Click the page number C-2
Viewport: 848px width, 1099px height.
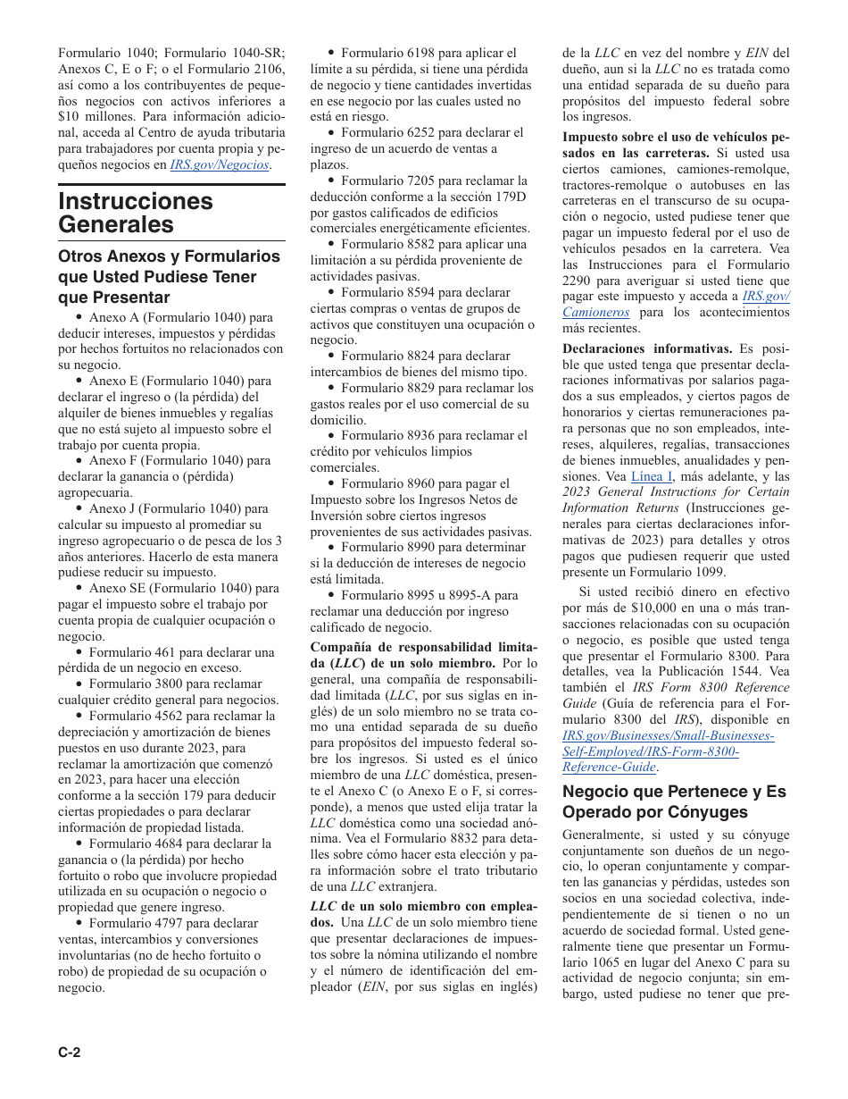pyautogui.click(x=70, y=1053)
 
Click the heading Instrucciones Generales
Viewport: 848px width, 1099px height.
pyautogui.click(x=136, y=213)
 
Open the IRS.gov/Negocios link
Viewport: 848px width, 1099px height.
pyautogui.click(x=220, y=165)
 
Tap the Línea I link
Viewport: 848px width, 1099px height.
pyautogui.click(x=652, y=476)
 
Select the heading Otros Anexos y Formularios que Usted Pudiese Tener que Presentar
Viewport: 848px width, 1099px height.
pyautogui.click(x=169, y=277)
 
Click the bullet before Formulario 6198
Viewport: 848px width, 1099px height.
pyautogui.click(x=331, y=54)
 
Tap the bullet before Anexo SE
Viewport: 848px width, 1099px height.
pyautogui.click(x=79, y=589)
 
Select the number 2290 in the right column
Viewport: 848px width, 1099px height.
pyautogui.click(x=579, y=281)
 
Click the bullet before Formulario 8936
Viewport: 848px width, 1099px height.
pyautogui.click(x=331, y=436)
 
